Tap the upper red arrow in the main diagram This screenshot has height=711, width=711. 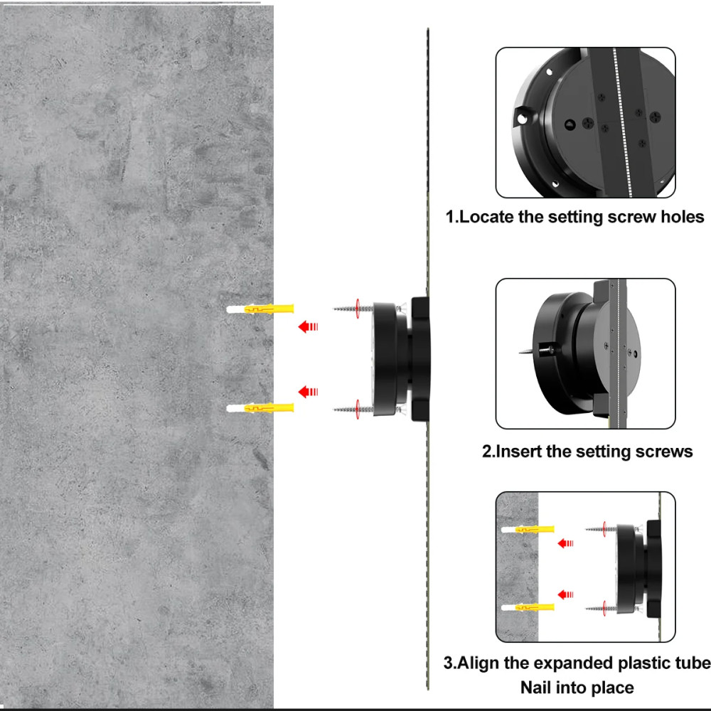[x=309, y=326]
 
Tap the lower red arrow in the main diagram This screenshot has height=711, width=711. [x=309, y=391]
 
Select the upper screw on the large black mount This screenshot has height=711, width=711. [x=353, y=309]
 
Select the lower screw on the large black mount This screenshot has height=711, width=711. [x=353, y=410]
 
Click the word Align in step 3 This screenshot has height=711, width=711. [x=479, y=663]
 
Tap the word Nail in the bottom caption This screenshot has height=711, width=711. [x=537, y=688]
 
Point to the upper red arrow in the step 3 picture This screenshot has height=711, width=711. [x=565, y=542]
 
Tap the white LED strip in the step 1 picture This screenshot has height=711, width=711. [x=621, y=122]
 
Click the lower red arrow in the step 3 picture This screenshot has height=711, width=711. [x=565, y=594]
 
